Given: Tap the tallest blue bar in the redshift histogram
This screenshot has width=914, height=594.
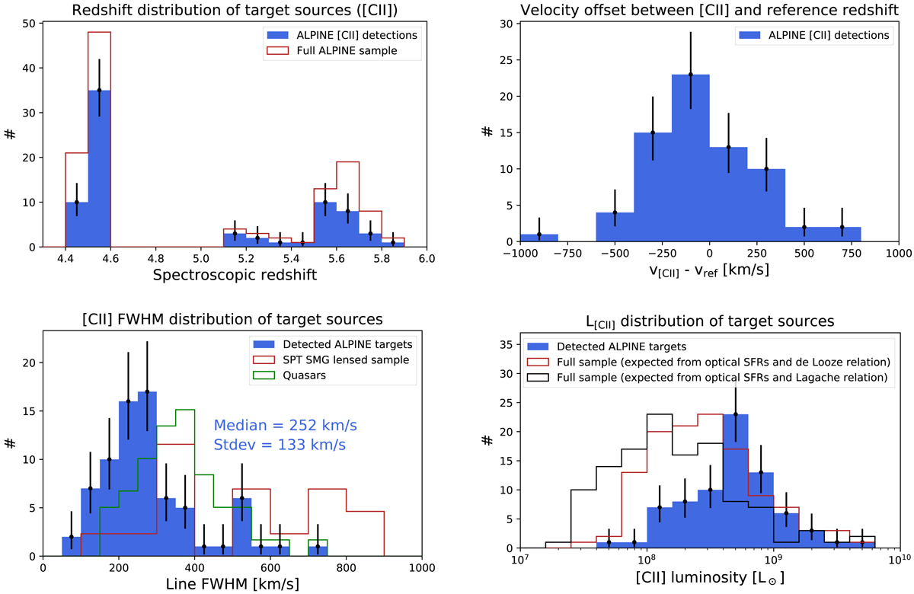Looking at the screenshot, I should point(99,168).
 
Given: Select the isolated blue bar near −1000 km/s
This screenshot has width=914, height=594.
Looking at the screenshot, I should point(539,238).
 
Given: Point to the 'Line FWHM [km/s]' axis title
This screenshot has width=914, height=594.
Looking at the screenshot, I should point(232,584).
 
